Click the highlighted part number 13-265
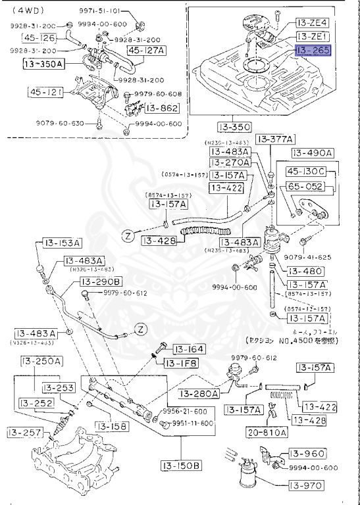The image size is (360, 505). pos(313,51)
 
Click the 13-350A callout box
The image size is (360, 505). pos(43,64)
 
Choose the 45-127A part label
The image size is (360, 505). pos(147,49)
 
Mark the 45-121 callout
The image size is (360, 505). pos(45,92)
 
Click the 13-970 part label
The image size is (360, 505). pos(308,486)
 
